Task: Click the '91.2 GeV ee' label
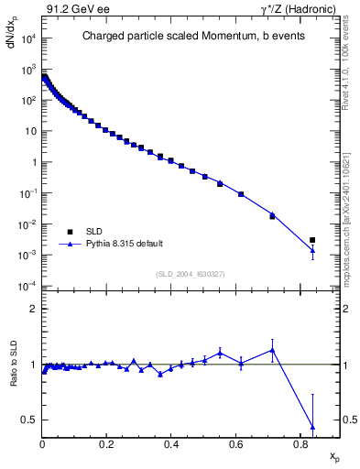point(74,8)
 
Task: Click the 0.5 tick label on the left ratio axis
point(29,420)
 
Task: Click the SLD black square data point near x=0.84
point(312,240)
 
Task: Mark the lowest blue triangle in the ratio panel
point(312,427)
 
